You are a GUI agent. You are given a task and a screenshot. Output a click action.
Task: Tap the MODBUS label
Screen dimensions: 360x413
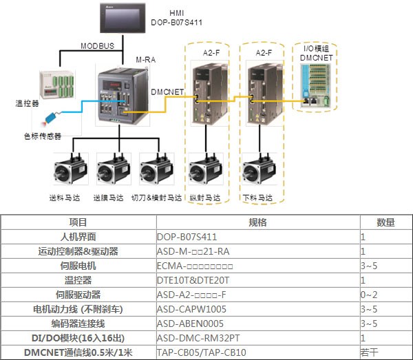[97, 46]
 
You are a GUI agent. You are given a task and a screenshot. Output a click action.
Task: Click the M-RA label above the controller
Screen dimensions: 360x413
[146, 60]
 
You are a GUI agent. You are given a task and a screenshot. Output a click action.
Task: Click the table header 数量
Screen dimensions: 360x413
[385, 223]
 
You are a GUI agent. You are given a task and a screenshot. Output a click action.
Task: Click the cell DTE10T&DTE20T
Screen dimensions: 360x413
[193, 281]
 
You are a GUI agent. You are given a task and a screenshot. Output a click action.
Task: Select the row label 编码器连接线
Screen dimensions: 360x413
[78, 324]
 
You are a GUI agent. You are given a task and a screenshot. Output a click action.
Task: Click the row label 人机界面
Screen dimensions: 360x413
[78, 237]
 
